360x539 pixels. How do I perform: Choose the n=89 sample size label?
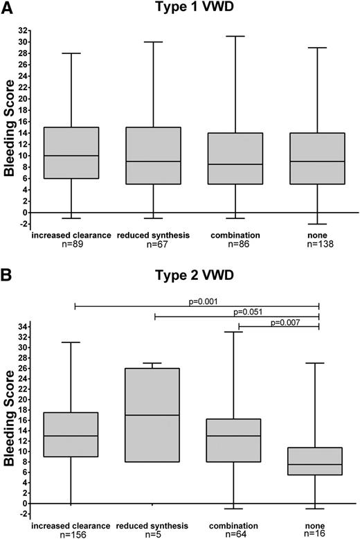(72, 245)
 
